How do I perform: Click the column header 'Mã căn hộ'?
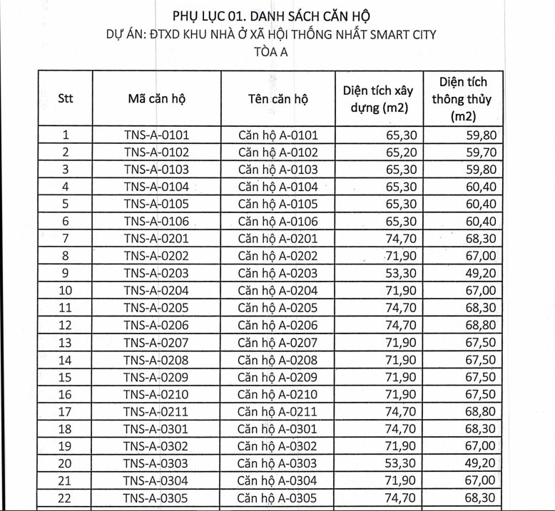coord(156,98)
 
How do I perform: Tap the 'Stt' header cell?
coord(66,98)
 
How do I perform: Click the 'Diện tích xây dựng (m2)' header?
coord(379,98)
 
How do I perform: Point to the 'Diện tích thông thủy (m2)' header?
coord(463,98)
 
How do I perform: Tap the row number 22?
coord(66,498)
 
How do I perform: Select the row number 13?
coord(66,343)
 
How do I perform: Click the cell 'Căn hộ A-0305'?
coord(277,498)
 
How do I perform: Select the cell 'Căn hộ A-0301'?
coord(277,429)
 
